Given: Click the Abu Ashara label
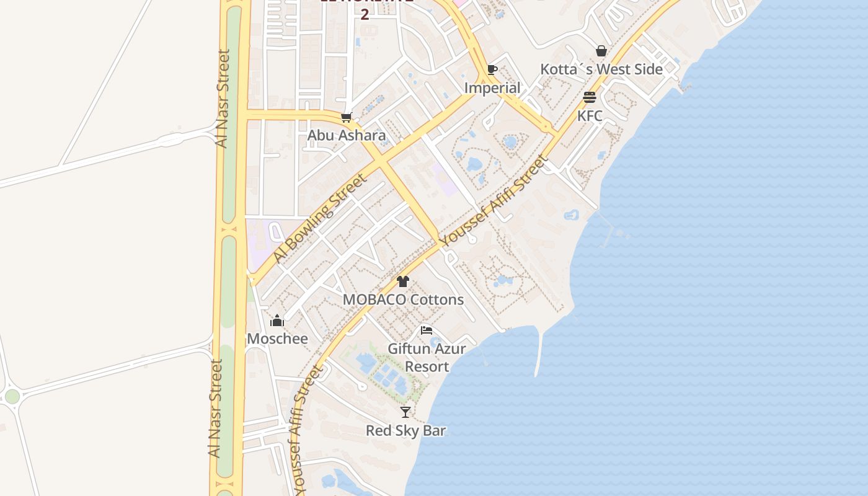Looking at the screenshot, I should pyautogui.click(x=347, y=135).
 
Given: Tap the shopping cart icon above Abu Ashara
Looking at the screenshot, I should pyautogui.click(x=347, y=117).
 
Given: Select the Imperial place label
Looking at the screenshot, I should pyautogui.click(x=492, y=88).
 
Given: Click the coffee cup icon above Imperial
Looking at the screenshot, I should pyautogui.click(x=492, y=69).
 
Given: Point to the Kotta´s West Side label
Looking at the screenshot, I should pyautogui.click(x=601, y=69).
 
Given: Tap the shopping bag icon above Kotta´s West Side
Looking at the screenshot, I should pyautogui.click(x=601, y=51).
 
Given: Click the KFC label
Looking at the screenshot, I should pyautogui.click(x=590, y=116).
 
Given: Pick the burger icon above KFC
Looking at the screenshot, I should pyautogui.click(x=590, y=97).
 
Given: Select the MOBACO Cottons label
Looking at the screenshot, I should pyautogui.click(x=403, y=299).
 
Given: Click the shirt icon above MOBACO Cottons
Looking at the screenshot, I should pyautogui.click(x=403, y=281).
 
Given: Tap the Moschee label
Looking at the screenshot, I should pyautogui.click(x=277, y=339).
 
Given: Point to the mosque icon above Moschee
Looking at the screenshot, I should pyautogui.click(x=277, y=321).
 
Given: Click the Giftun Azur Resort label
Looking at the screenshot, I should pyautogui.click(x=427, y=357).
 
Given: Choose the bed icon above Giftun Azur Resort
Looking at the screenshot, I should pyautogui.click(x=427, y=330).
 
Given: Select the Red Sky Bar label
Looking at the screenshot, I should pyautogui.click(x=405, y=430).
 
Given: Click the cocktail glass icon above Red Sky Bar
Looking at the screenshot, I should pyautogui.click(x=405, y=412).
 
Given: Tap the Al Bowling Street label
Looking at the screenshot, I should pyautogui.click(x=320, y=218).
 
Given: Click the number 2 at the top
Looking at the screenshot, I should pyautogui.click(x=365, y=14).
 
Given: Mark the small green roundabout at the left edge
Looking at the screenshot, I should pyautogui.click(x=12, y=397).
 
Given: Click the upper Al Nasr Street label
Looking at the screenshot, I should pyautogui.click(x=223, y=99).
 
